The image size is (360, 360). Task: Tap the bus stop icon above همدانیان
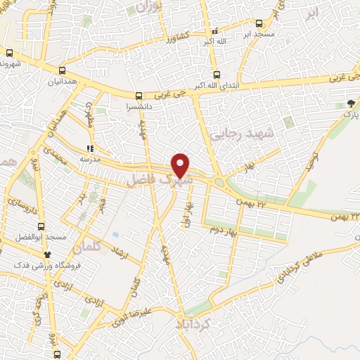pos(63,70)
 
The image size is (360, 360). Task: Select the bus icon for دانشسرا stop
pos(139,96)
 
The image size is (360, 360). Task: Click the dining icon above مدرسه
pos(89,148)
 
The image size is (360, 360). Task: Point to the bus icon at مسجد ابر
pos(259,23)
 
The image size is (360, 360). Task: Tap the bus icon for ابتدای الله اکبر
pos(217,75)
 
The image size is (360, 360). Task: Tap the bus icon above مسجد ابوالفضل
pos(41,226)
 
